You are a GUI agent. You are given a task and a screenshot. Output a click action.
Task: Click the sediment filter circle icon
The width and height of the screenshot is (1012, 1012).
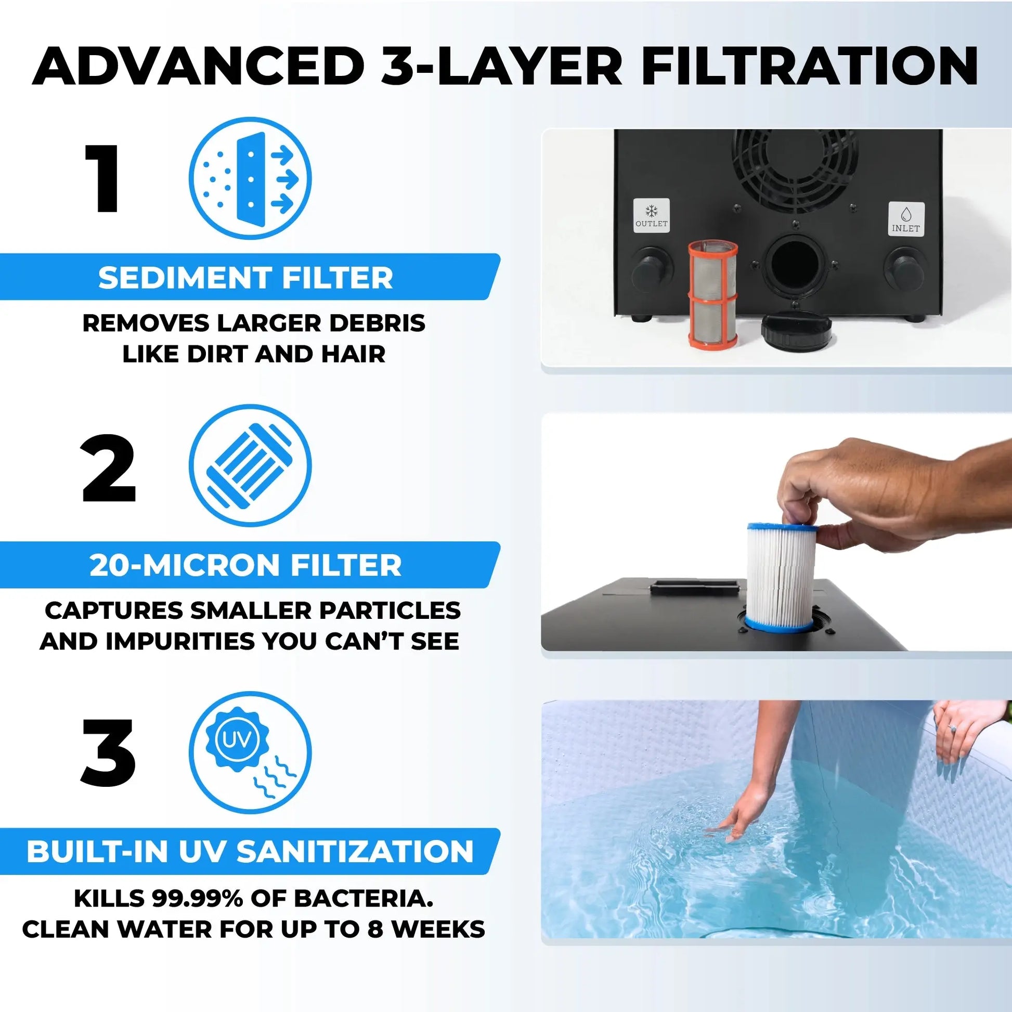(250, 178)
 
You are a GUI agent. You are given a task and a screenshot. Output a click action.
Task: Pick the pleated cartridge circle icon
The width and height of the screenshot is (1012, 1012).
(250, 465)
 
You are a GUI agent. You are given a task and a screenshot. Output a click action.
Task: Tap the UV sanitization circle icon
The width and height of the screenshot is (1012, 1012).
(250, 752)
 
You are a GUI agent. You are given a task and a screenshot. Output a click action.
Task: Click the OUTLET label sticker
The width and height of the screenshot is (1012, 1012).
(651, 215)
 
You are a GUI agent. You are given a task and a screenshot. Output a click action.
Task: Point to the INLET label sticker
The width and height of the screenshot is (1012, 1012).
(906, 219)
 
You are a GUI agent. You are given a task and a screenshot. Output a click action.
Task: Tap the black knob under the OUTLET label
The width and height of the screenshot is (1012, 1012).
(652, 269)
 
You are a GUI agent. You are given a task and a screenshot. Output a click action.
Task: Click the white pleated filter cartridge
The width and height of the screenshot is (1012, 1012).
(782, 577)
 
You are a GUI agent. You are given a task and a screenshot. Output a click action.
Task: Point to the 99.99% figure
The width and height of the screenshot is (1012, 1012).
(198, 898)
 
